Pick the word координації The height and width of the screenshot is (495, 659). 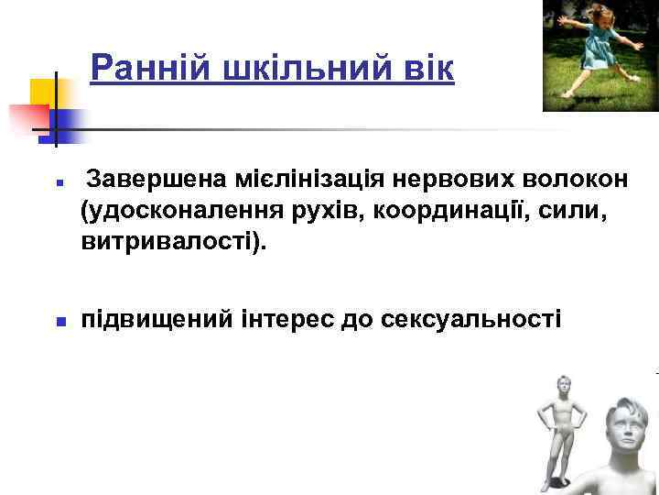coord(448,213)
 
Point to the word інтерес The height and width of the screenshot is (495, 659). coord(279,321)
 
